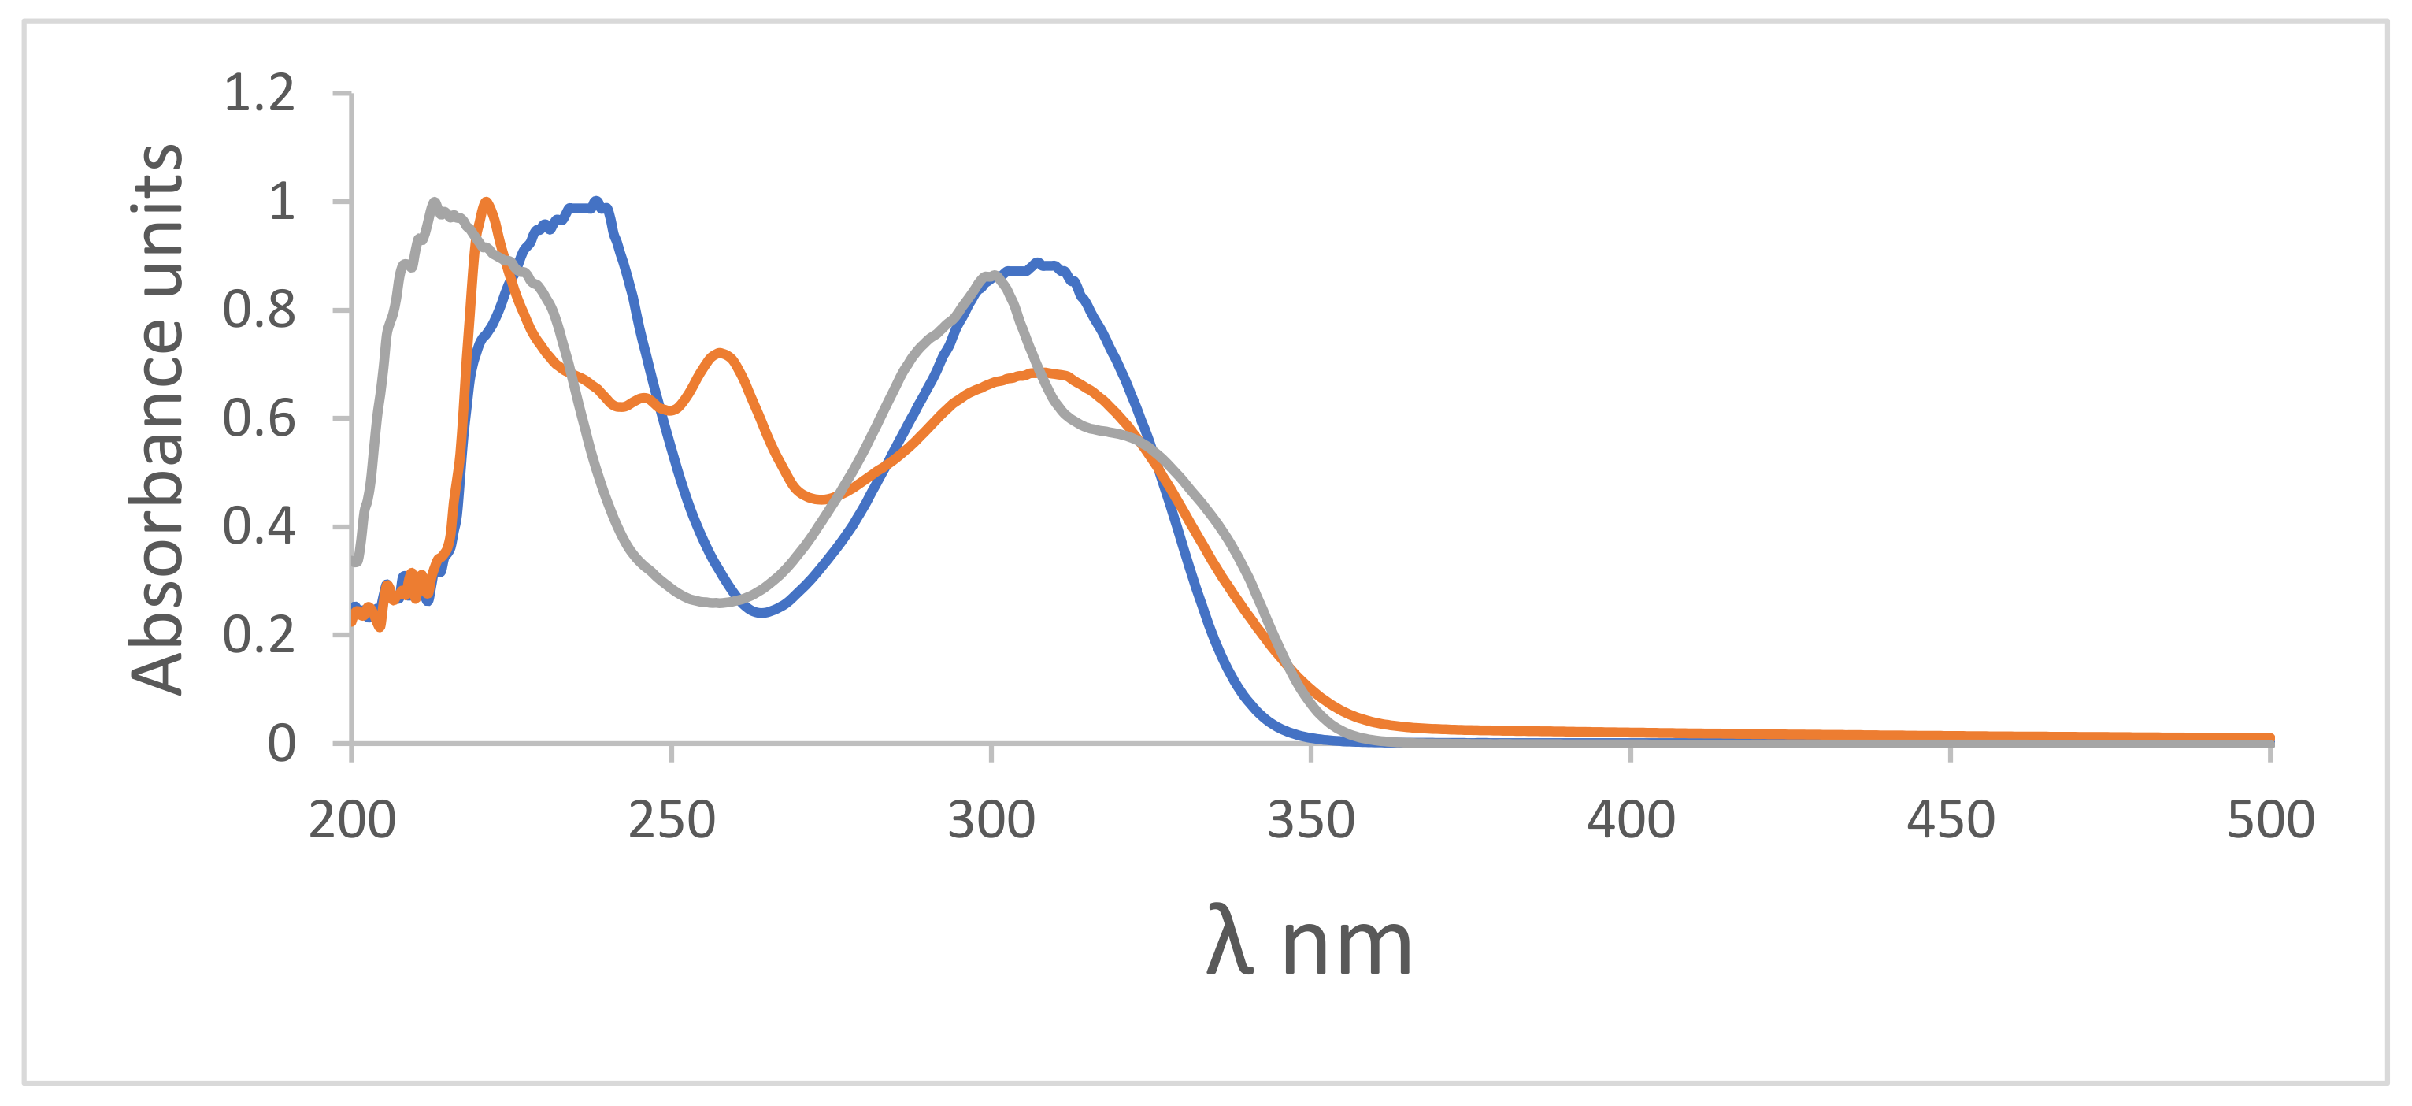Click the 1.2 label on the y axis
point(258,94)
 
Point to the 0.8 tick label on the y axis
point(258,310)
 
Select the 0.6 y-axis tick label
point(258,418)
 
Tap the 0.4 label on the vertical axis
point(258,526)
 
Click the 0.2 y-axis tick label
point(258,635)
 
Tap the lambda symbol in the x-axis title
point(1228,941)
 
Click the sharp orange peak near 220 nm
point(485,202)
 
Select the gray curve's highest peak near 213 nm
point(434,202)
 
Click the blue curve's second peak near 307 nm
point(1036,264)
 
